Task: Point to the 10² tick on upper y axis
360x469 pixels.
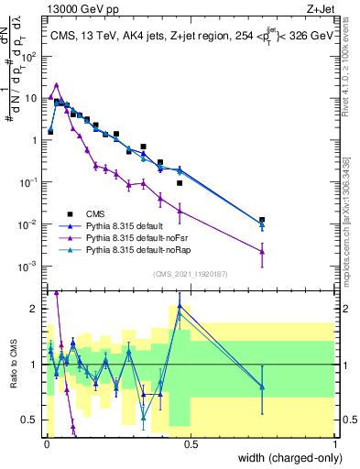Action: tap(34, 55)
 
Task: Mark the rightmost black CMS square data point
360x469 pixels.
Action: tap(262, 220)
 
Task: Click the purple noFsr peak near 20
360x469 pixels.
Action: tap(57, 84)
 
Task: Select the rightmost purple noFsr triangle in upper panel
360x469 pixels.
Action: tap(262, 250)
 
